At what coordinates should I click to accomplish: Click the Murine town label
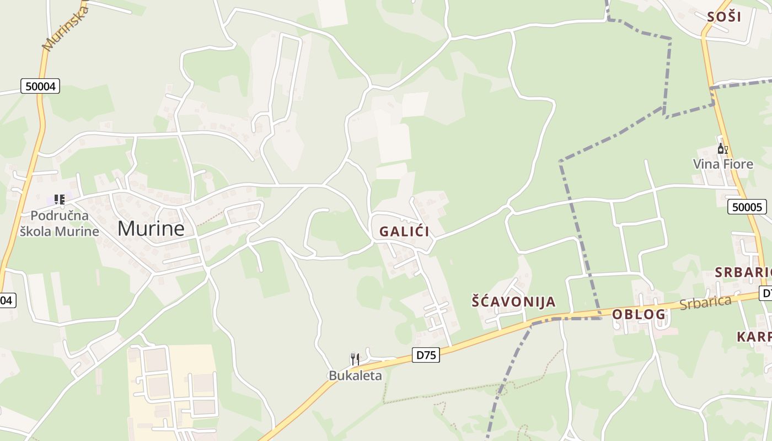[x=151, y=228]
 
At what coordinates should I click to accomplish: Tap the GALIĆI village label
[x=404, y=232]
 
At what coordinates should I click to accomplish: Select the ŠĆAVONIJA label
[x=513, y=302]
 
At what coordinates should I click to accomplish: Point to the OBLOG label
[x=639, y=315]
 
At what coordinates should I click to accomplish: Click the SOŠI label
[x=724, y=17]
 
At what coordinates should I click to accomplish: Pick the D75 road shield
[x=426, y=356]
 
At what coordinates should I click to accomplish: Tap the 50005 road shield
[x=747, y=207]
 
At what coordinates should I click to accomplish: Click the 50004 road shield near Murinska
[x=40, y=86]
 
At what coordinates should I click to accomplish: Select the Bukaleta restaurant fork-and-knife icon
[x=355, y=359]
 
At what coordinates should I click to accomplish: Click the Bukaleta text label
[x=355, y=376]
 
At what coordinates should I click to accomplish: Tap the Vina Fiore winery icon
[x=722, y=149]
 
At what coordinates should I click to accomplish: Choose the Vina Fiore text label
[x=722, y=164]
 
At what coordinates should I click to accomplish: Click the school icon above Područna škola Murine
[x=59, y=200]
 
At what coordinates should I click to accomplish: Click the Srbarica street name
[x=705, y=303]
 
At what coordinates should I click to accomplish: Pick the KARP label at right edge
[x=754, y=337]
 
